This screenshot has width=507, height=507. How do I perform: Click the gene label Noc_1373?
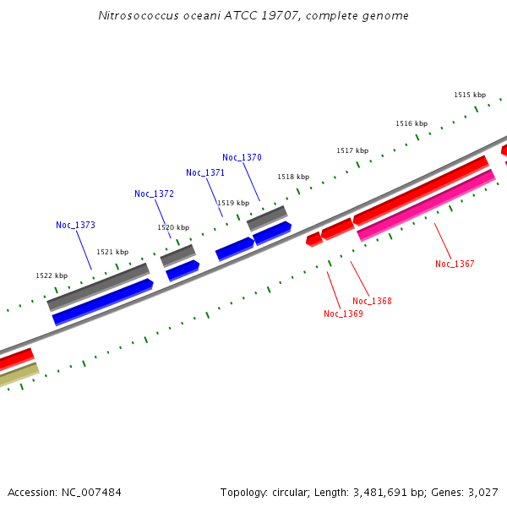click(75, 225)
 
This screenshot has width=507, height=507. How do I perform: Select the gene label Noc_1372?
click(154, 194)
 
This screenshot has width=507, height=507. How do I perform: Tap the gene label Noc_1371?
click(205, 172)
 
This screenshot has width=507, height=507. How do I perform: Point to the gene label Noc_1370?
click(242, 157)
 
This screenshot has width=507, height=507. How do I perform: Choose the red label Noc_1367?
click(455, 264)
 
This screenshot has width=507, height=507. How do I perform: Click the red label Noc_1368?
click(372, 301)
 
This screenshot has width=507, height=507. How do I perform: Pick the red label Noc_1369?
click(343, 313)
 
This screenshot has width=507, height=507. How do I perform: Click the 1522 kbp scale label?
click(52, 275)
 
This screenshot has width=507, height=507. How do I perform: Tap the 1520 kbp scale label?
click(173, 227)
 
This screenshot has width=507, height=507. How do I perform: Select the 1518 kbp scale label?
click(293, 177)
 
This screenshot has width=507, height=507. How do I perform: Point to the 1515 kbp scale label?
click(470, 95)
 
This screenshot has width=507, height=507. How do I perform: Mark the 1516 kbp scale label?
click(412, 123)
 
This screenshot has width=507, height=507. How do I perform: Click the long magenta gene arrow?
click(427, 204)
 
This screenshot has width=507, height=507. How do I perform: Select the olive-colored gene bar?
click(17, 374)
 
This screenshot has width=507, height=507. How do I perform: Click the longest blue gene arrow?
click(102, 301)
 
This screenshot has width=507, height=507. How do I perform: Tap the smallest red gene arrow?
click(313, 239)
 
